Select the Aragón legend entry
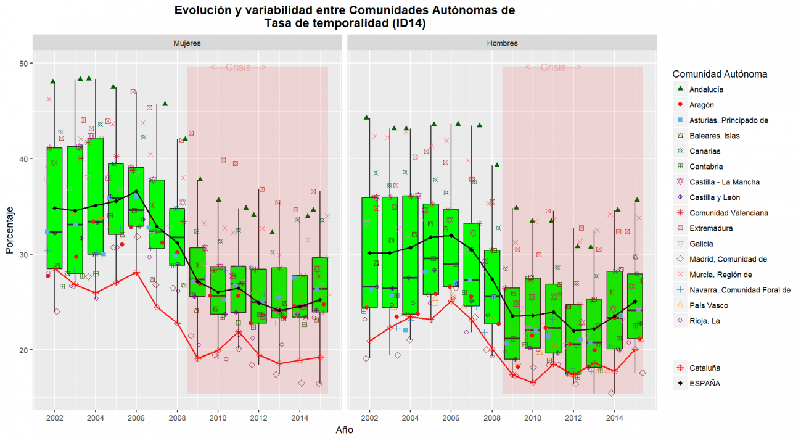click(x=702, y=105)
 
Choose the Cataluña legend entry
click(x=705, y=368)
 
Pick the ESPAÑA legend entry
click(x=705, y=383)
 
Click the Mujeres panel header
click(x=187, y=43)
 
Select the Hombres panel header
click(x=502, y=43)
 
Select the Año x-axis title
click(x=344, y=430)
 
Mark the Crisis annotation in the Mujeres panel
click(x=238, y=68)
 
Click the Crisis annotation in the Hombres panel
click(x=553, y=68)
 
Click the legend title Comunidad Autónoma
click(x=720, y=74)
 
